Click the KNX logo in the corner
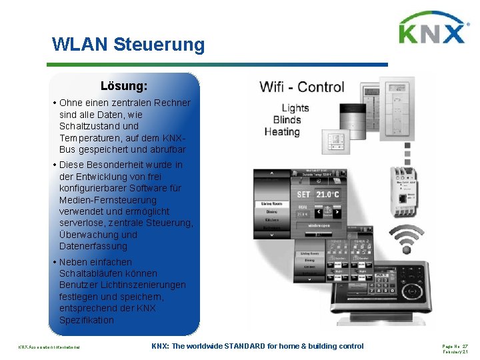[x=433, y=29]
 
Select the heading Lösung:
[x=124, y=86]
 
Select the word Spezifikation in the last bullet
[x=86, y=320]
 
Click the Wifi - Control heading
[x=302, y=87]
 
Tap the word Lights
[x=295, y=108]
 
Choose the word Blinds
[x=287, y=120]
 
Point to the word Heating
[x=282, y=132]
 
